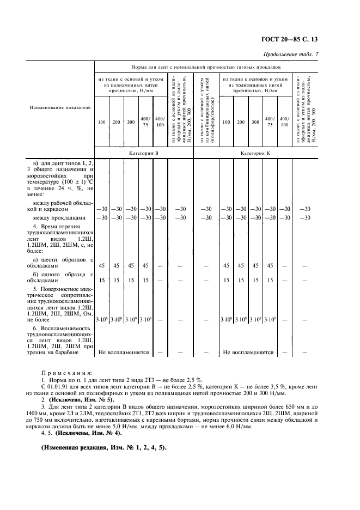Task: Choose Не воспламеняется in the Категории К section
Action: point(248,352)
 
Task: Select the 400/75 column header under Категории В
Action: point(145,122)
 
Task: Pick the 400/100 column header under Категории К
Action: point(284,122)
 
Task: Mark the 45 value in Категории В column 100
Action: point(102,266)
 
